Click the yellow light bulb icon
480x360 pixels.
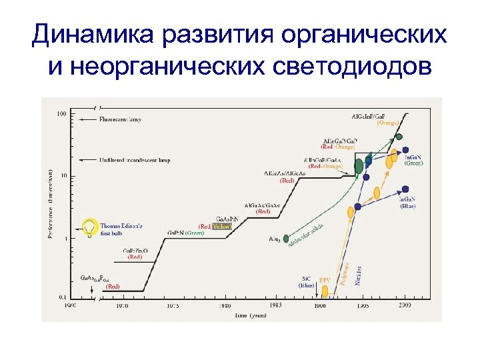point(89,227)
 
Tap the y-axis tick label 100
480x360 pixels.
point(61,114)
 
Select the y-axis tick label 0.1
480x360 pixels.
point(63,297)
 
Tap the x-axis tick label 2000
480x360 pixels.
point(405,305)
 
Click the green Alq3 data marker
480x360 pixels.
point(286,238)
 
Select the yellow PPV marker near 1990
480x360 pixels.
point(325,291)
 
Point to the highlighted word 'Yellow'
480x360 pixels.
point(222,227)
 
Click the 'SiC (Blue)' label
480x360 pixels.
point(307,282)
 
